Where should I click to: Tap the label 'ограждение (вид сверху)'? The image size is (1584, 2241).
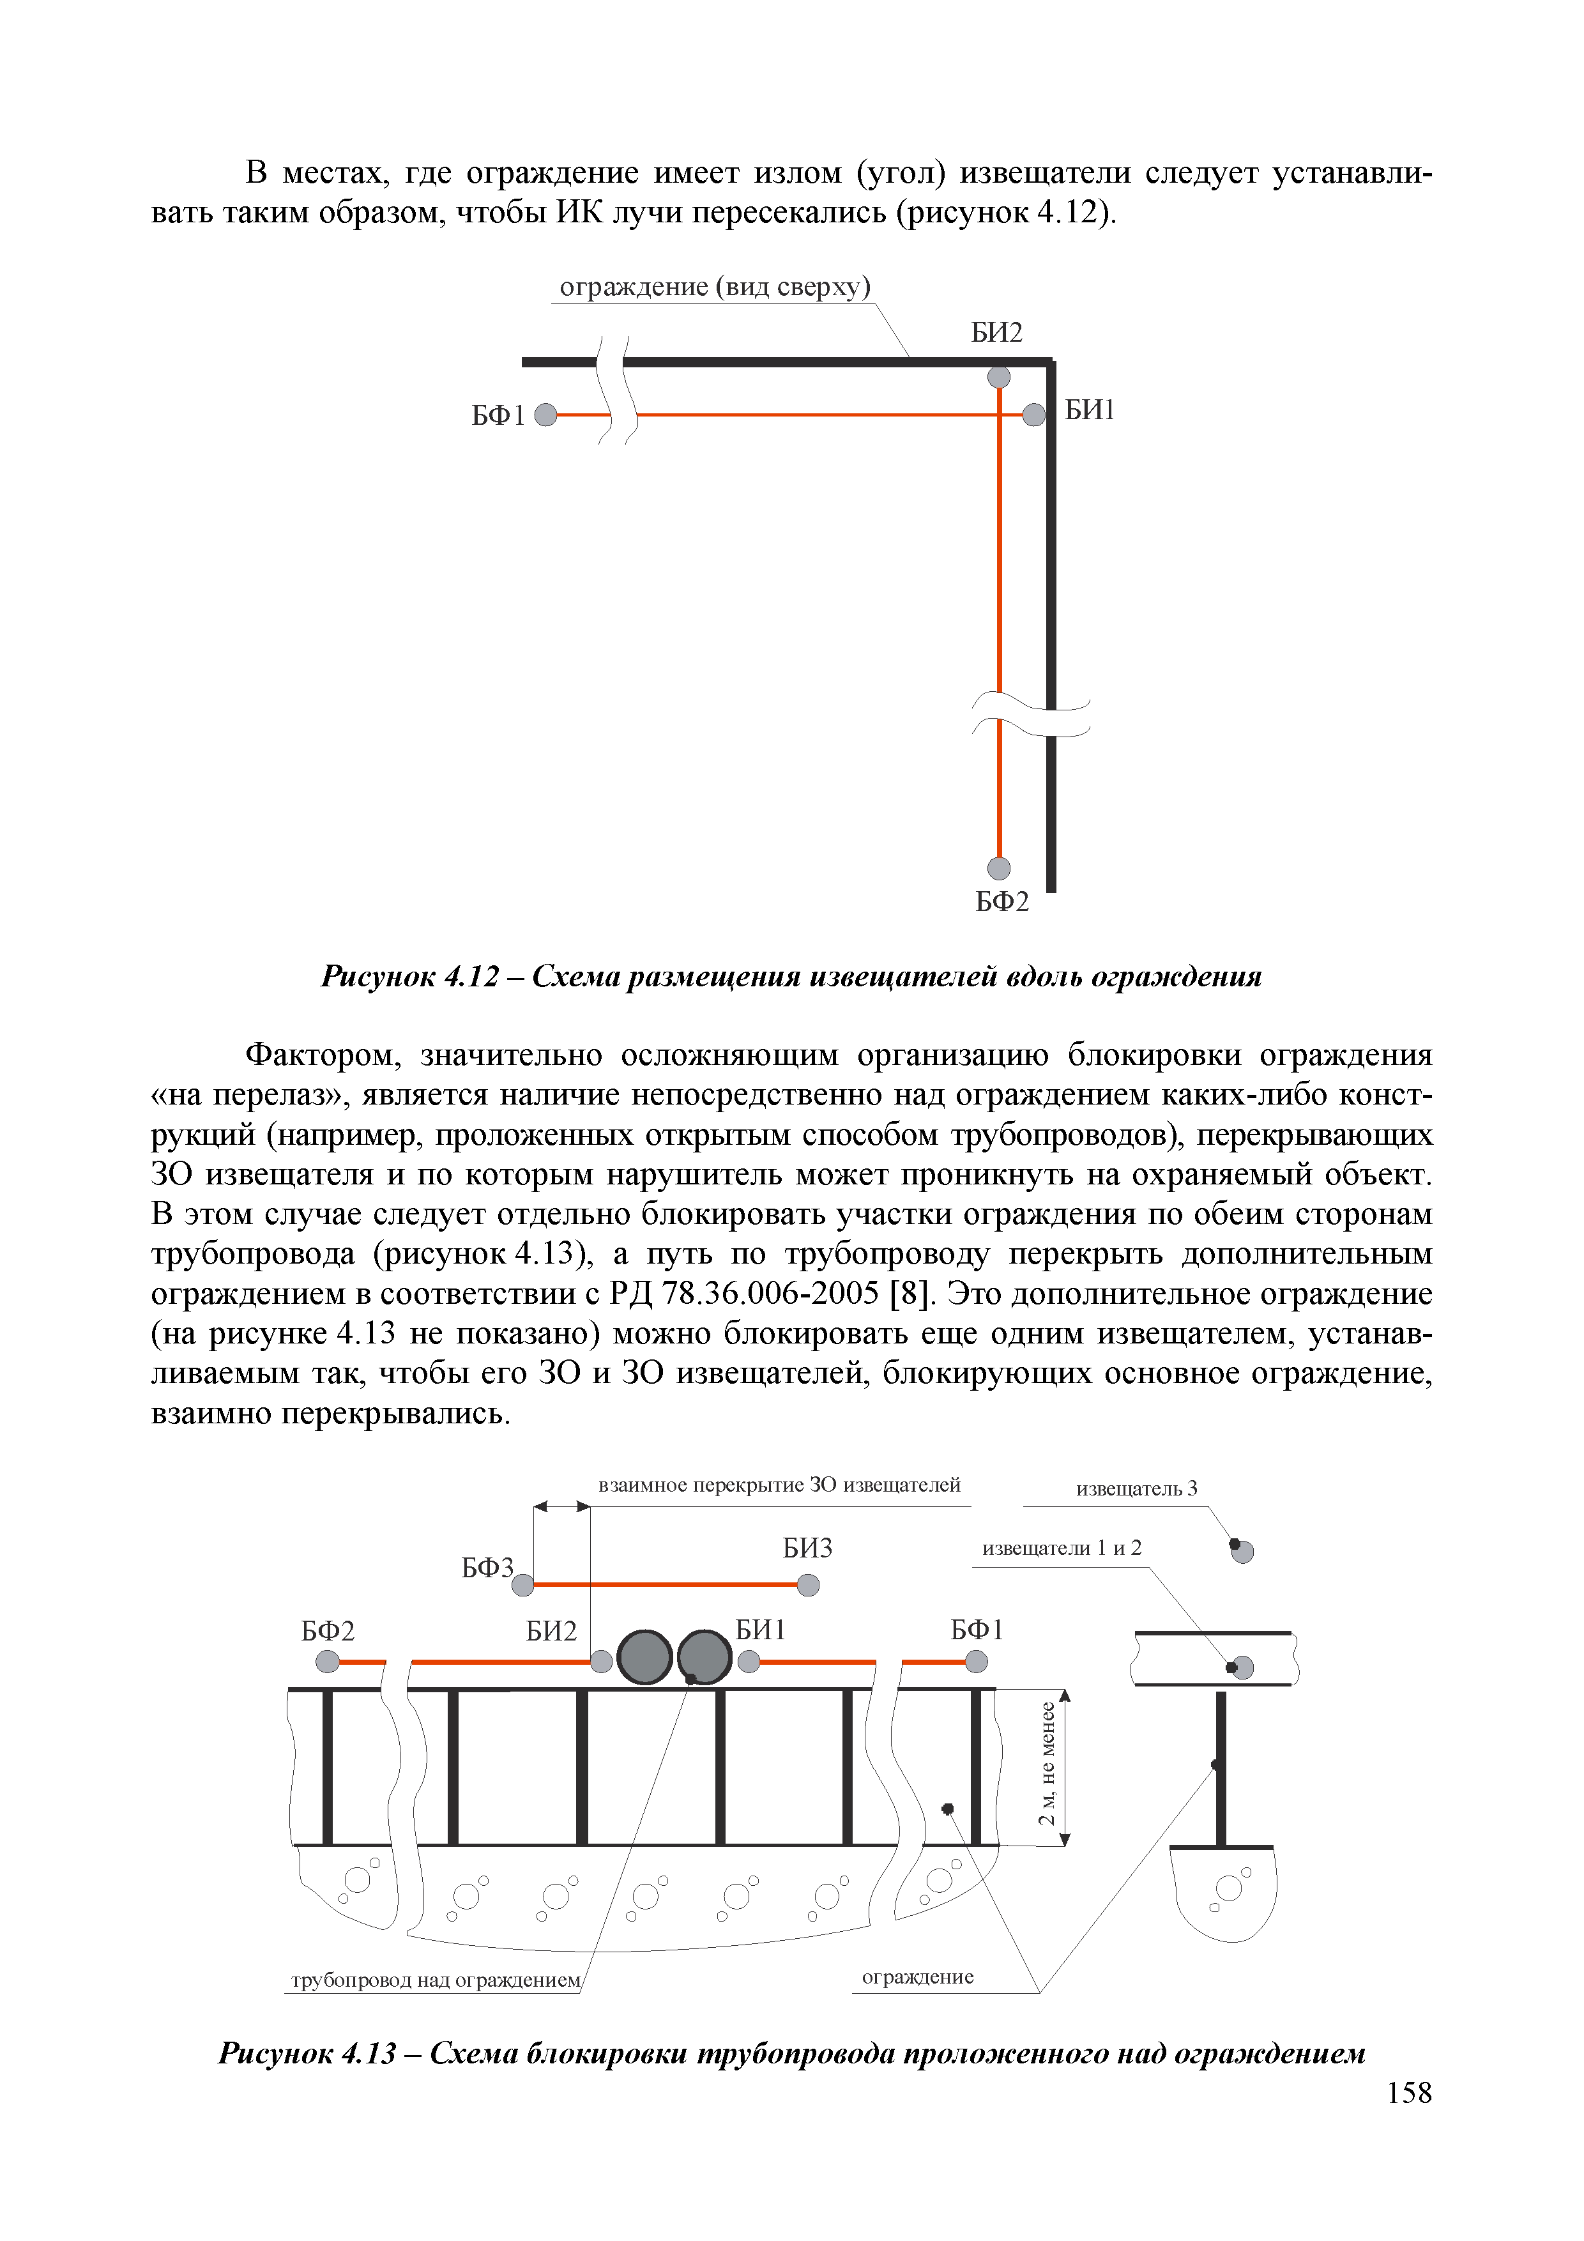pos(715,287)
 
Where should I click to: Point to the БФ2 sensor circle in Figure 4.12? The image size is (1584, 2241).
pos(998,868)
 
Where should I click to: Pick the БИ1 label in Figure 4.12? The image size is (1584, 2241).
pos(1089,410)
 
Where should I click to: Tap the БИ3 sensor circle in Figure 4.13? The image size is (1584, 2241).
pos(808,1585)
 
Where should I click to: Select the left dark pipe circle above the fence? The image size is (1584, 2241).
pos(644,1657)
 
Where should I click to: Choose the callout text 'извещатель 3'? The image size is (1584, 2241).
pos(1136,1488)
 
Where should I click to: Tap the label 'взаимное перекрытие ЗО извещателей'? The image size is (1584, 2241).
pos(779,1485)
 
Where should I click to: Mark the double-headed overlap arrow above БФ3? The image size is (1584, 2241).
pos(562,1506)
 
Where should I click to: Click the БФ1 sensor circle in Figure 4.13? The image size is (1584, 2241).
pos(976,1661)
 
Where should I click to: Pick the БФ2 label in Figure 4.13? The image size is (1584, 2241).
pos(328,1631)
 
